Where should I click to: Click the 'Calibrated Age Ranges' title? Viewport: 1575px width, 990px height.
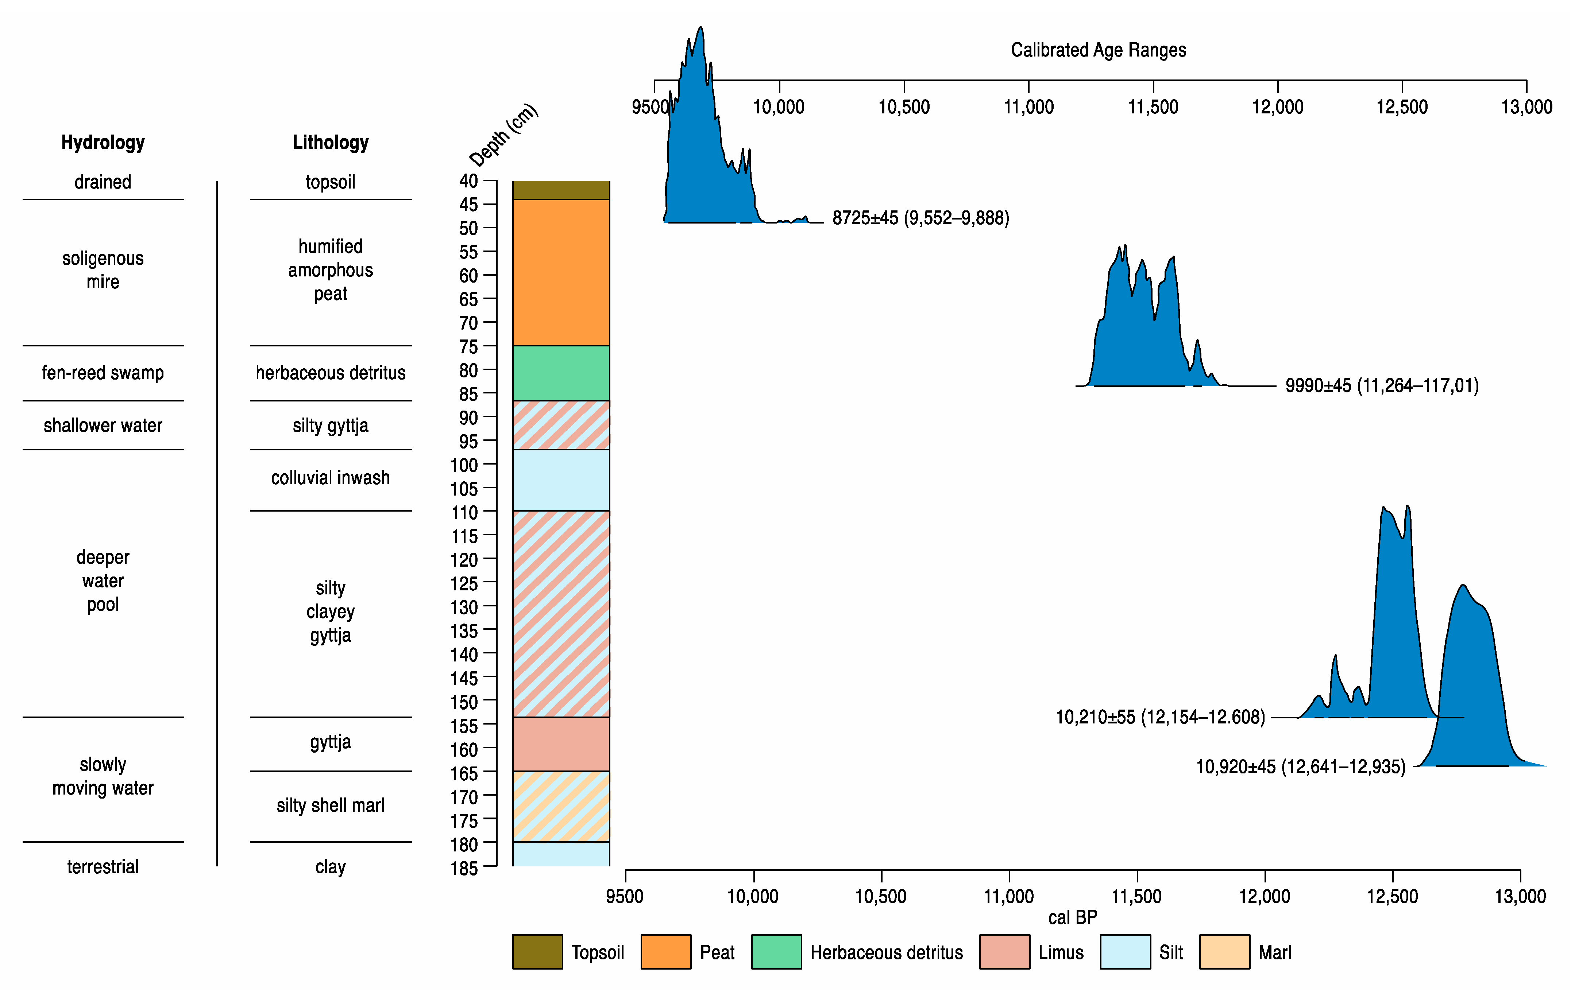[1098, 50]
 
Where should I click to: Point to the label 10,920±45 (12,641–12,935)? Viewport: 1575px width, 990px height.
[1300, 766]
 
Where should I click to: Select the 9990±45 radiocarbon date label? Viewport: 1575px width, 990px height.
[1381, 386]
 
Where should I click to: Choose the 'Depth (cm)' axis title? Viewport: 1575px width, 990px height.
[503, 135]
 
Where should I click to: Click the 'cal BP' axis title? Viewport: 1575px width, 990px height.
[1072, 917]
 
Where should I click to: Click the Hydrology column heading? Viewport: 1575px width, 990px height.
[103, 143]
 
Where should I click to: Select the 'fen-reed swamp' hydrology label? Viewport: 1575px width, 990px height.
[103, 373]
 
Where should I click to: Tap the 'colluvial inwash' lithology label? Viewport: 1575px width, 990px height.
[330, 478]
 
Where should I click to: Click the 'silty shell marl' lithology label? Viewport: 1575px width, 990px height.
[330, 805]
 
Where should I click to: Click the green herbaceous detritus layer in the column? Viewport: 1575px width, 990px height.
[560, 373]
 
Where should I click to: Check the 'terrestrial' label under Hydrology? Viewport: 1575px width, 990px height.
[103, 867]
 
